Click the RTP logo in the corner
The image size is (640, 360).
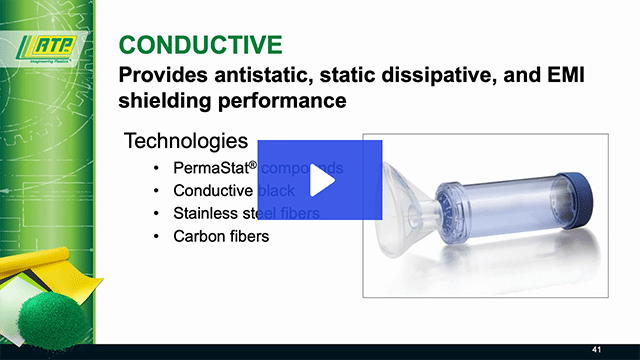pos(51,46)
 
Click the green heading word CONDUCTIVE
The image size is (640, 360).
pos(199,44)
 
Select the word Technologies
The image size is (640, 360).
pos(184,141)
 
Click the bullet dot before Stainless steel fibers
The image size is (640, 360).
pos(154,213)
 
